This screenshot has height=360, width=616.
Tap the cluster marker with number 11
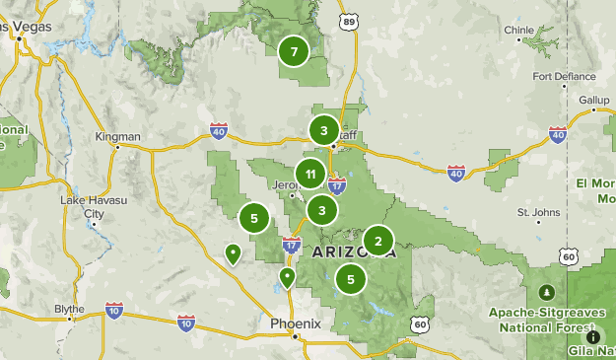click(x=310, y=175)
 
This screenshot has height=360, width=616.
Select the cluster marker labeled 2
click(x=378, y=241)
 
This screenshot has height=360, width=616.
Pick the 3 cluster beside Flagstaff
click(x=324, y=130)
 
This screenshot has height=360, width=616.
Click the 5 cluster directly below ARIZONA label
click(x=351, y=279)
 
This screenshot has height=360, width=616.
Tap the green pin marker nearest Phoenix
click(x=287, y=277)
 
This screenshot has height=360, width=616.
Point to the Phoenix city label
click(x=296, y=323)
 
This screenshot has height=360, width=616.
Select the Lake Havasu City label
click(x=83, y=206)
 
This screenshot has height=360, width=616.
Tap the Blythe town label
click(x=69, y=309)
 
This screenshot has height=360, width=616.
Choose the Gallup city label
click(x=593, y=101)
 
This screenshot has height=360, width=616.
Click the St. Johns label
click(x=538, y=212)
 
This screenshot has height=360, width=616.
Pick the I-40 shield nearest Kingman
click(x=219, y=130)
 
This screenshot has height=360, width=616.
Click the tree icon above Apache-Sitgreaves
click(x=547, y=293)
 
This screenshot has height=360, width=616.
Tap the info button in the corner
click(x=592, y=336)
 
